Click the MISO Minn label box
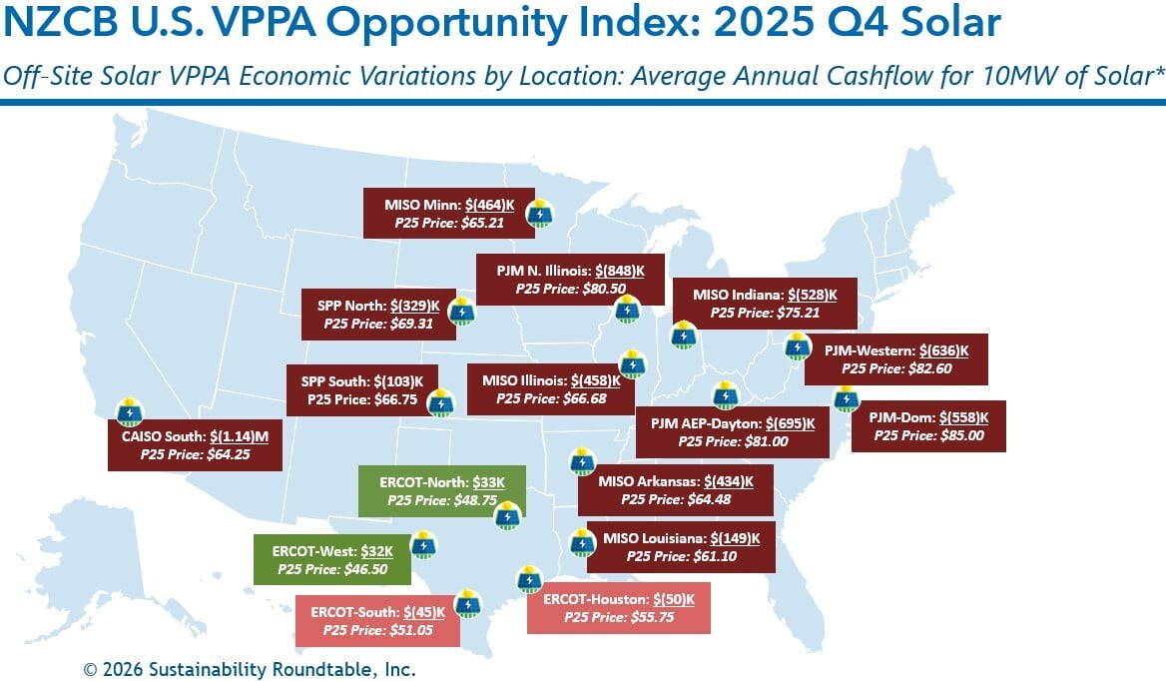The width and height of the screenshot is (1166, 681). [x=448, y=213]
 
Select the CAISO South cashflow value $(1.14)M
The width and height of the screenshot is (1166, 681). [x=246, y=436]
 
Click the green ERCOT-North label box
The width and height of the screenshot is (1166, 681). [x=441, y=490]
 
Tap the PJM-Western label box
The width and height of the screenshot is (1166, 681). [x=895, y=359]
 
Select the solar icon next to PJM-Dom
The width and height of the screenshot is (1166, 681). [x=846, y=398]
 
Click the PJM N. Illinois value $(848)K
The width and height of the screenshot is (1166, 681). [x=619, y=271]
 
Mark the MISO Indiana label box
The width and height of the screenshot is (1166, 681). [x=764, y=303]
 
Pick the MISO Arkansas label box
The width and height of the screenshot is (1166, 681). [x=675, y=490]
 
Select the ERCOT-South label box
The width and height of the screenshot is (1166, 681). [x=377, y=620]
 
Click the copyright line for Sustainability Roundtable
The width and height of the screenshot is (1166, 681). [x=249, y=669]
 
